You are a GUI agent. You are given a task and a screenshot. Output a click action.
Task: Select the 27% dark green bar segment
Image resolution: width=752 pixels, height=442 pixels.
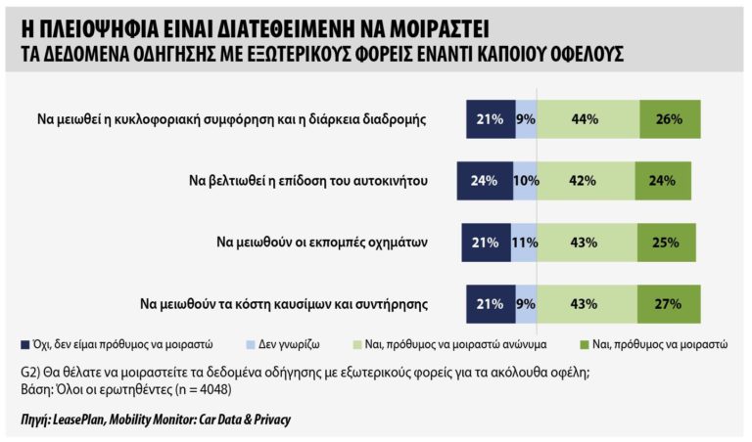click(670, 303)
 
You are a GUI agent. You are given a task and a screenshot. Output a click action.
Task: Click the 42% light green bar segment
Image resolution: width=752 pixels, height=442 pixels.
click(586, 181)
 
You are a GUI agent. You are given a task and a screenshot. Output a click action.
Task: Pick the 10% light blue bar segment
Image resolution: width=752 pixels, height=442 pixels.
click(525, 181)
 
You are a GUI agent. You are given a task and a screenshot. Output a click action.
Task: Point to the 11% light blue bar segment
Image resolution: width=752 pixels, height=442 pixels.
click(526, 242)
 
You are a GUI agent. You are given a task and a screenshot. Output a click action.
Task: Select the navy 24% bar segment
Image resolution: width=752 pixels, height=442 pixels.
click(485, 181)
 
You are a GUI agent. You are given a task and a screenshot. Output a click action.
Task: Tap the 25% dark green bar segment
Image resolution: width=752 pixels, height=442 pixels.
click(667, 242)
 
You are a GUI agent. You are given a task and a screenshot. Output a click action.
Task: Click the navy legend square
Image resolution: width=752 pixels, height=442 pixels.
click(24, 344)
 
